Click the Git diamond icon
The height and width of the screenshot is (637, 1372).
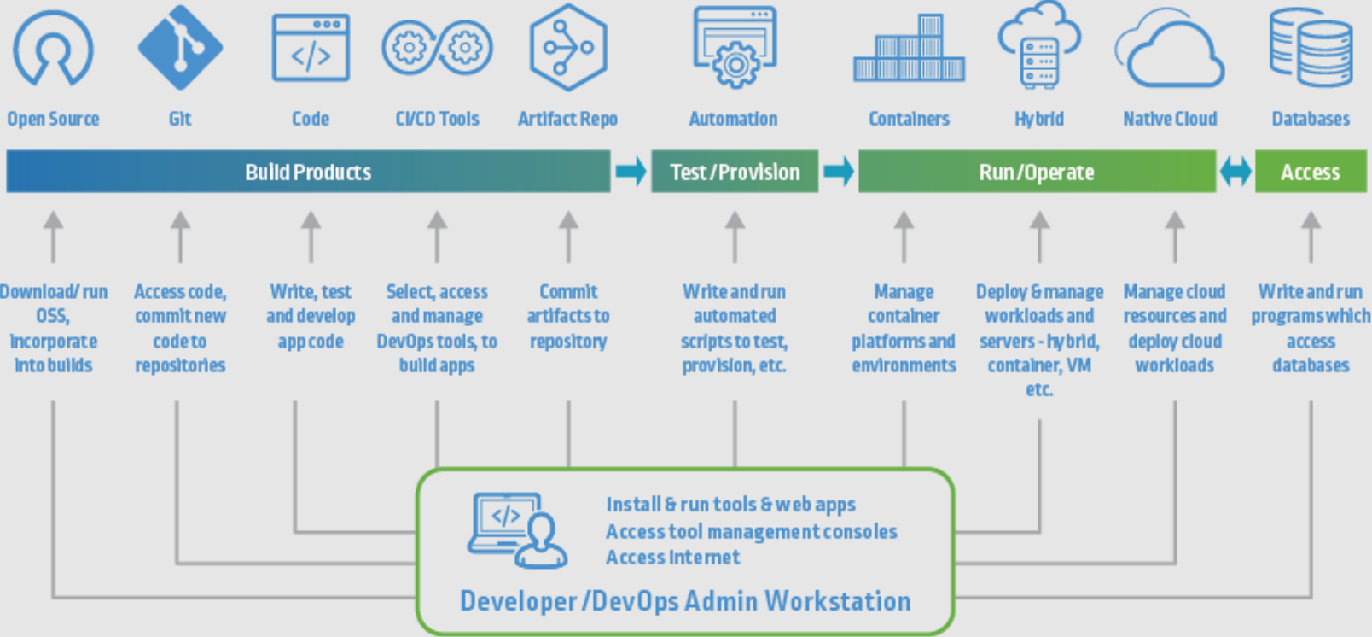tap(180, 48)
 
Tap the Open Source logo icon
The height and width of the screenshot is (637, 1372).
tap(53, 49)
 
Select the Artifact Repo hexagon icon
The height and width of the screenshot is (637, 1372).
tap(567, 48)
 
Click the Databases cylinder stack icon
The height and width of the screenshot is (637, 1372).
tap(1311, 48)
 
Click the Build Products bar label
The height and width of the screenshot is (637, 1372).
tap(308, 172)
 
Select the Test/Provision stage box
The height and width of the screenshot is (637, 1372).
tap(735, 172)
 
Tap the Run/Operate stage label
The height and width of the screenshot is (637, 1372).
tap(1036, 172)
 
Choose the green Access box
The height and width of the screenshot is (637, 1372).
tap(1310, 172)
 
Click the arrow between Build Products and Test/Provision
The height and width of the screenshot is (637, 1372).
tap(631, 172)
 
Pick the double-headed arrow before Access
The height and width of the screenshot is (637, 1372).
tap(1235, 172)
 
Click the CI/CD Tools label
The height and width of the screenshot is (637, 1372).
tap(437, 120)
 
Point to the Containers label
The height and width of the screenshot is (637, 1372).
tap(909, 120)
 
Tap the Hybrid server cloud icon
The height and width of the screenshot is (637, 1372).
tap(1039, 46)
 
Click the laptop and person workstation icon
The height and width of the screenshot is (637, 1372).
tap(517, 529)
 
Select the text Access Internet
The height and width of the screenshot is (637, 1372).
tap(672, 558)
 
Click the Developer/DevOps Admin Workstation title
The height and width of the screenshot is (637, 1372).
tap(685, 601)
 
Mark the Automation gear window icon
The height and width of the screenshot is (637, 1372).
tap(734, 48)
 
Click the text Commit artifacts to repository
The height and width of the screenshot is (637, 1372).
tap(568, 317)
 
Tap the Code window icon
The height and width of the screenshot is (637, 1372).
tap(311, 48)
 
